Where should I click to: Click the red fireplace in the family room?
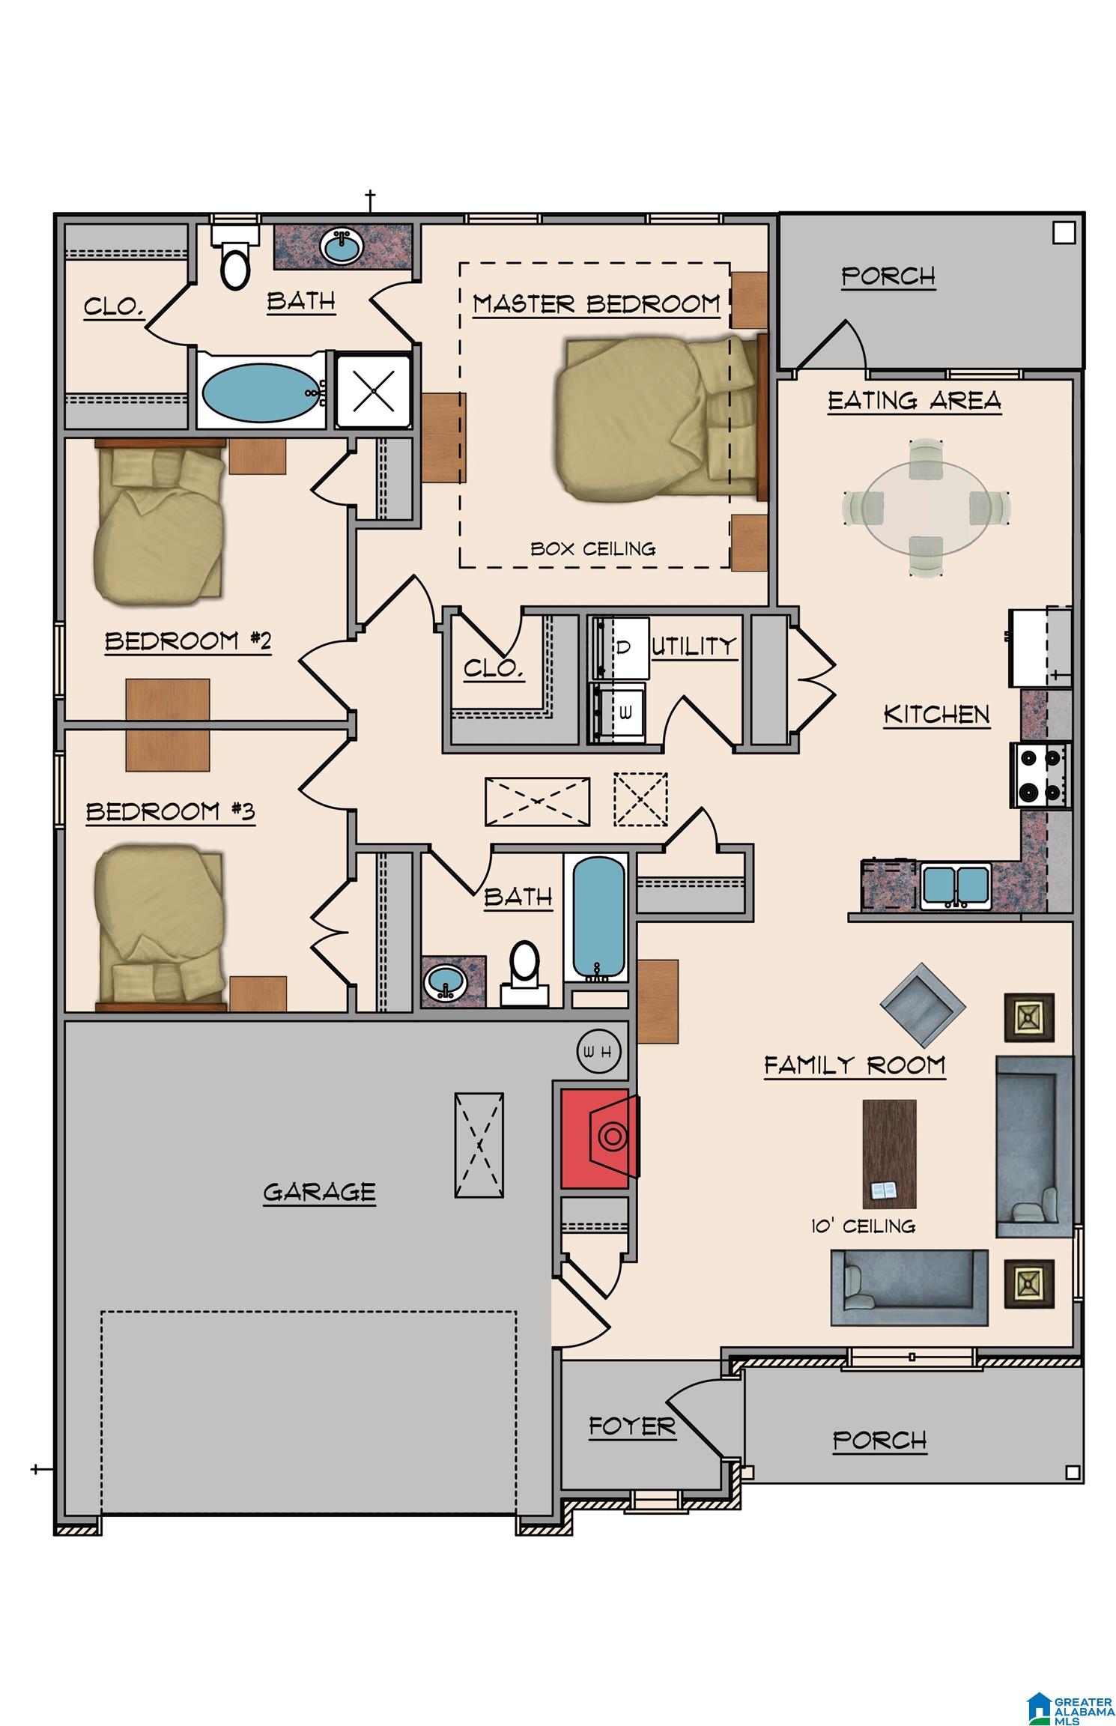[599, 1136]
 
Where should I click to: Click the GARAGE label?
[319, 1192]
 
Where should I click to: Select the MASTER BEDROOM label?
[596, 304]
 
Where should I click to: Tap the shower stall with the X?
[373, 391]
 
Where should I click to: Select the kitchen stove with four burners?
[1041, 774]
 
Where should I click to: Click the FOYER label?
[632, 1427]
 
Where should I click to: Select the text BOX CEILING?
[593, 549]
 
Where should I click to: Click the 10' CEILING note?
[863, 1226]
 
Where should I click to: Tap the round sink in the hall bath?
[445, 981]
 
